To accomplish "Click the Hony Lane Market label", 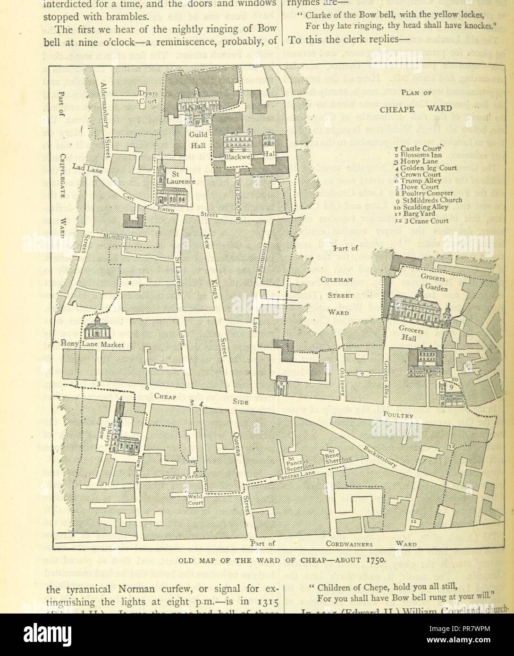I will point(93,344).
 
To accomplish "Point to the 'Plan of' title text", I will point(415,93).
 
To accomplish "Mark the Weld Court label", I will point(195,500).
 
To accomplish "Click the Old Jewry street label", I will point(343,377).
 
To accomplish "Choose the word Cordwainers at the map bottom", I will point(349,544).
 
